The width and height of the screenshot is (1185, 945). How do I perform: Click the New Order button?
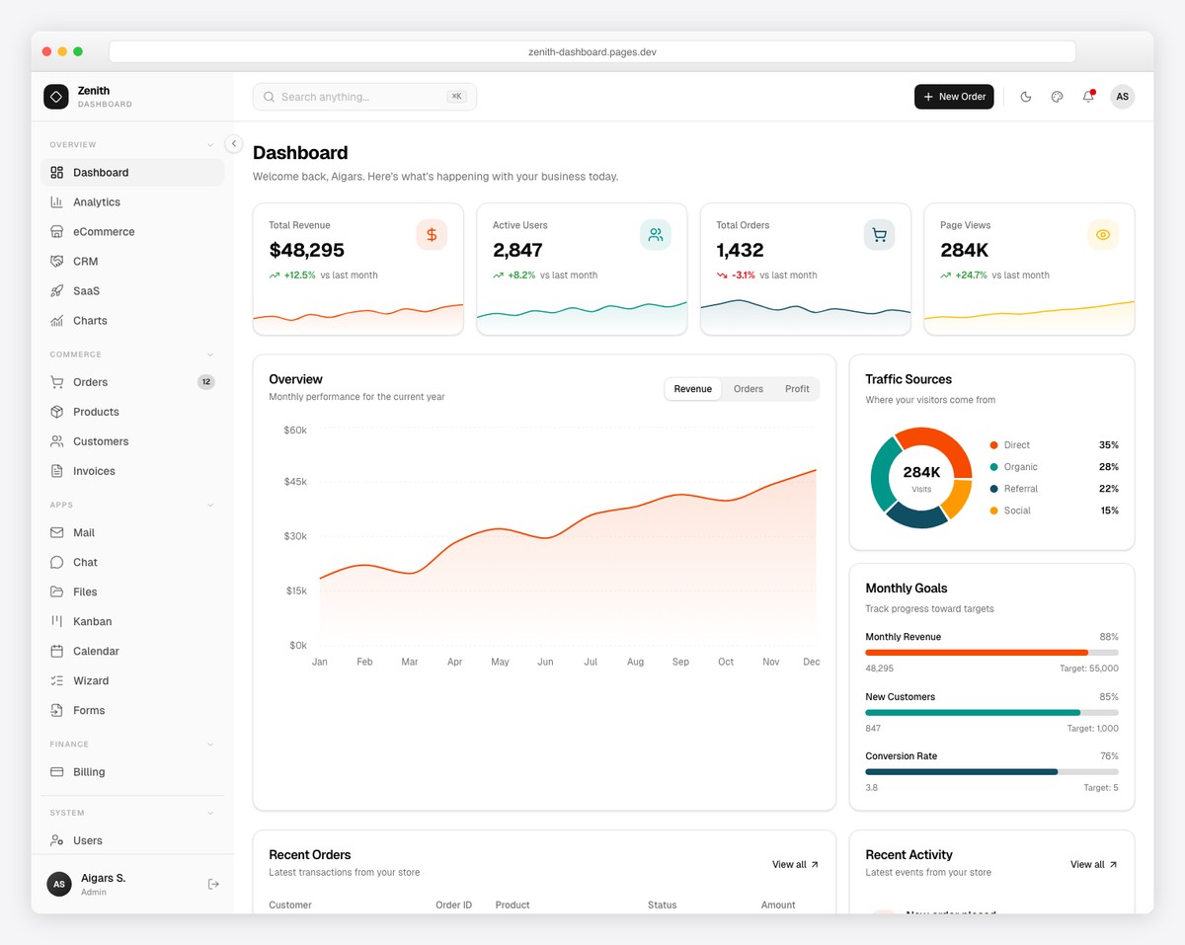[x=953, y=97]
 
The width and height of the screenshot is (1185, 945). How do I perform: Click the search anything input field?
[x=355, y=97]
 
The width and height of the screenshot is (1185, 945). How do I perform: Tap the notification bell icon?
[x=1088, y=97]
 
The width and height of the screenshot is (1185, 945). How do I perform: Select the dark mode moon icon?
[x=1025, y=97]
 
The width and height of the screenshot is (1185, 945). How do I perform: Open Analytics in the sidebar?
[x=96, y=202]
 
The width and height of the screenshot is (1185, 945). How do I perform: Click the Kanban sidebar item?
[x=92, y=622]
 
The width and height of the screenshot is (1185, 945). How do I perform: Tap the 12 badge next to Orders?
[x=205, y=382]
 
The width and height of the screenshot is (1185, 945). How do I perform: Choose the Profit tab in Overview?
[x=797, y=389]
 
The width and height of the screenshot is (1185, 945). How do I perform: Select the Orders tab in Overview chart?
[x=748, y=389]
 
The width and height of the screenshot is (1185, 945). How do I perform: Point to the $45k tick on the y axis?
[x=294, y=482]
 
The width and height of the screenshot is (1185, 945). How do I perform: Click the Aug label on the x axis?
[x=635, y=662]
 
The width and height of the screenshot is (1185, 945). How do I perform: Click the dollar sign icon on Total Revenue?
[x=432, y=235]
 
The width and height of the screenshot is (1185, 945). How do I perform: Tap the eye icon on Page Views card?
[x=1103, y=235]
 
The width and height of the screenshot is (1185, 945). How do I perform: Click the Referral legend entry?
[x=1020, y=489]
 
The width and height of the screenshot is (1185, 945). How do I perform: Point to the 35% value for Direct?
[x=1108, y=445]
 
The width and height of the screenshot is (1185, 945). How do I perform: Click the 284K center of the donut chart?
[x=921, y=474]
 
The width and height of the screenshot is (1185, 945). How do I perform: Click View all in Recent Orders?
[x=795, y=865]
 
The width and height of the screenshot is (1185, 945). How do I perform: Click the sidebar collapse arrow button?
[x=234, y=144]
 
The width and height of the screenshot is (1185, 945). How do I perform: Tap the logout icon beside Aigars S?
[x=213, y=884]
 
